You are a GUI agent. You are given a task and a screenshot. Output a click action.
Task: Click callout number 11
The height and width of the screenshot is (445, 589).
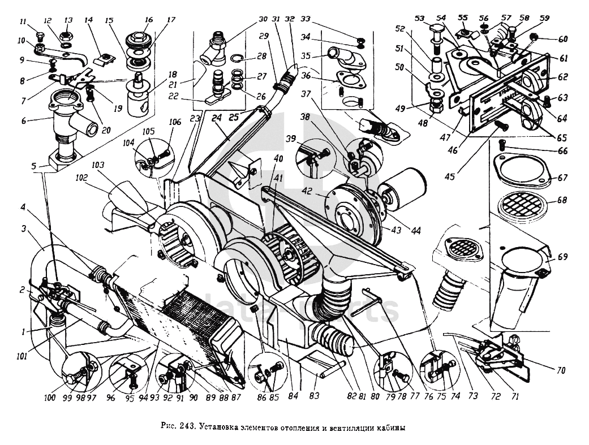coord(23,21)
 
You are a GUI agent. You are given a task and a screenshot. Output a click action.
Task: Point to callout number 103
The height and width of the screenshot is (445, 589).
coord(98,165)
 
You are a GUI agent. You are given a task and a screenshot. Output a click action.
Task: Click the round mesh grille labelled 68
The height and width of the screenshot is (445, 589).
coord(523,206)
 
